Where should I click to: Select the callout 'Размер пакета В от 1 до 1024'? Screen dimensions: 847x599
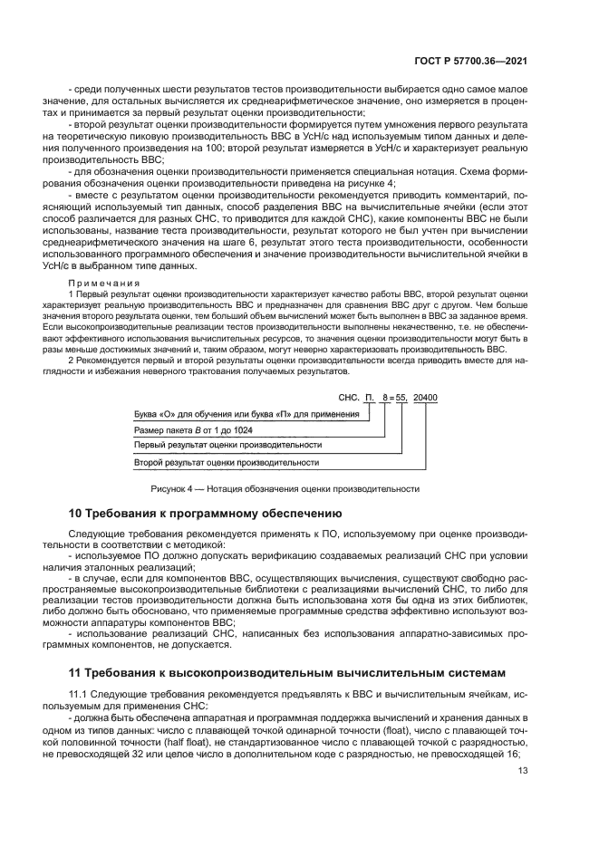tap(193, 429)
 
